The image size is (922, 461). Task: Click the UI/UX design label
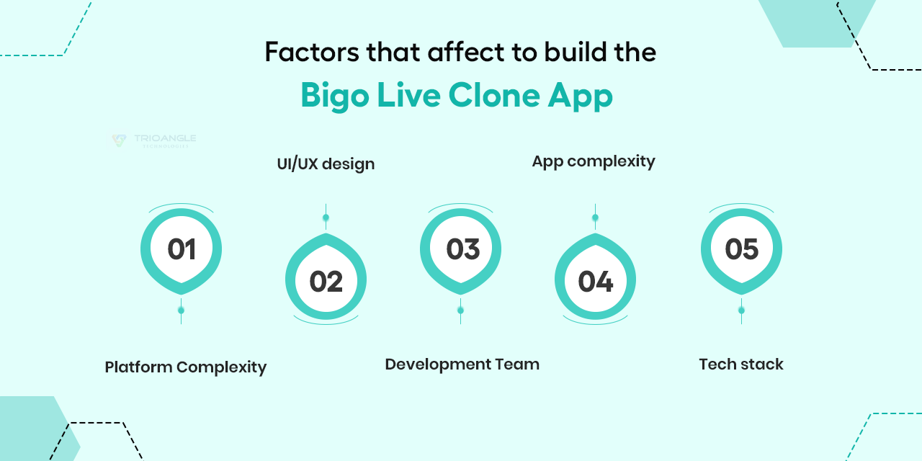tap(326, 164)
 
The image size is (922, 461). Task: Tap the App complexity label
tap(594, 162)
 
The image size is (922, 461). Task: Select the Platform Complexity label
tap(186, 367)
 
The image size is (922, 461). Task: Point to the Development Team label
tap(462, 364)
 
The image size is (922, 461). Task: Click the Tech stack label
tap(741, 364)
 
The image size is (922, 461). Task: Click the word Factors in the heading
tap(312, 53)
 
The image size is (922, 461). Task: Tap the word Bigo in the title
tap(335, 96)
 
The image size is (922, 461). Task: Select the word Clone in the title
tap(494, 95)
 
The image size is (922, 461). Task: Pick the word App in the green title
tap(581, 97)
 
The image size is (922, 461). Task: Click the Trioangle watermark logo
tap(154, 140)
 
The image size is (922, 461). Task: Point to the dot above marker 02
tap(326, 218)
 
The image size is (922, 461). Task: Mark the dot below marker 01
tap(181, 310)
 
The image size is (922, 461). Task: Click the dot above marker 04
tap(595, 218)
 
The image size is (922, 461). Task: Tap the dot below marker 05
tap(741, 310)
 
